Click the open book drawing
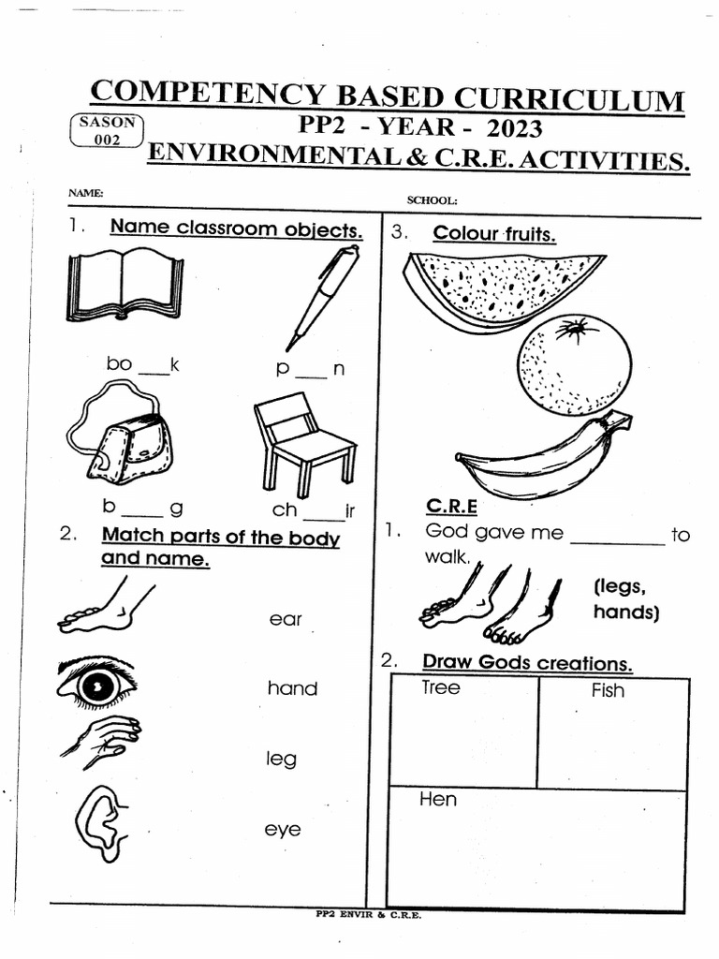pyautogui.click(x=125, y=284)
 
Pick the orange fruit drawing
pyautogui.click(x=574, y=364)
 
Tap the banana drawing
pyautogui.click(x=543, y=459)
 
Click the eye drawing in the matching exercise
pyautogui.click(x=96, y=684)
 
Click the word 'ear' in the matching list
pyautogui.click(x=285, y=620)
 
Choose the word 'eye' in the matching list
pyautogui.click(x=282, y=830)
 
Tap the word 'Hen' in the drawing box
pyautogui.click(x=438, y=801)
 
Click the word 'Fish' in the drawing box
pyautogui.click(x=608, y=691)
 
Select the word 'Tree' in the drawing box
pyautogui.click(x=440, y=688)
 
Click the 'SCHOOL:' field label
pyautogui.click(x=432, y=200)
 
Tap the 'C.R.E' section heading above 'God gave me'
pyautogui.click(x=452, y=507)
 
